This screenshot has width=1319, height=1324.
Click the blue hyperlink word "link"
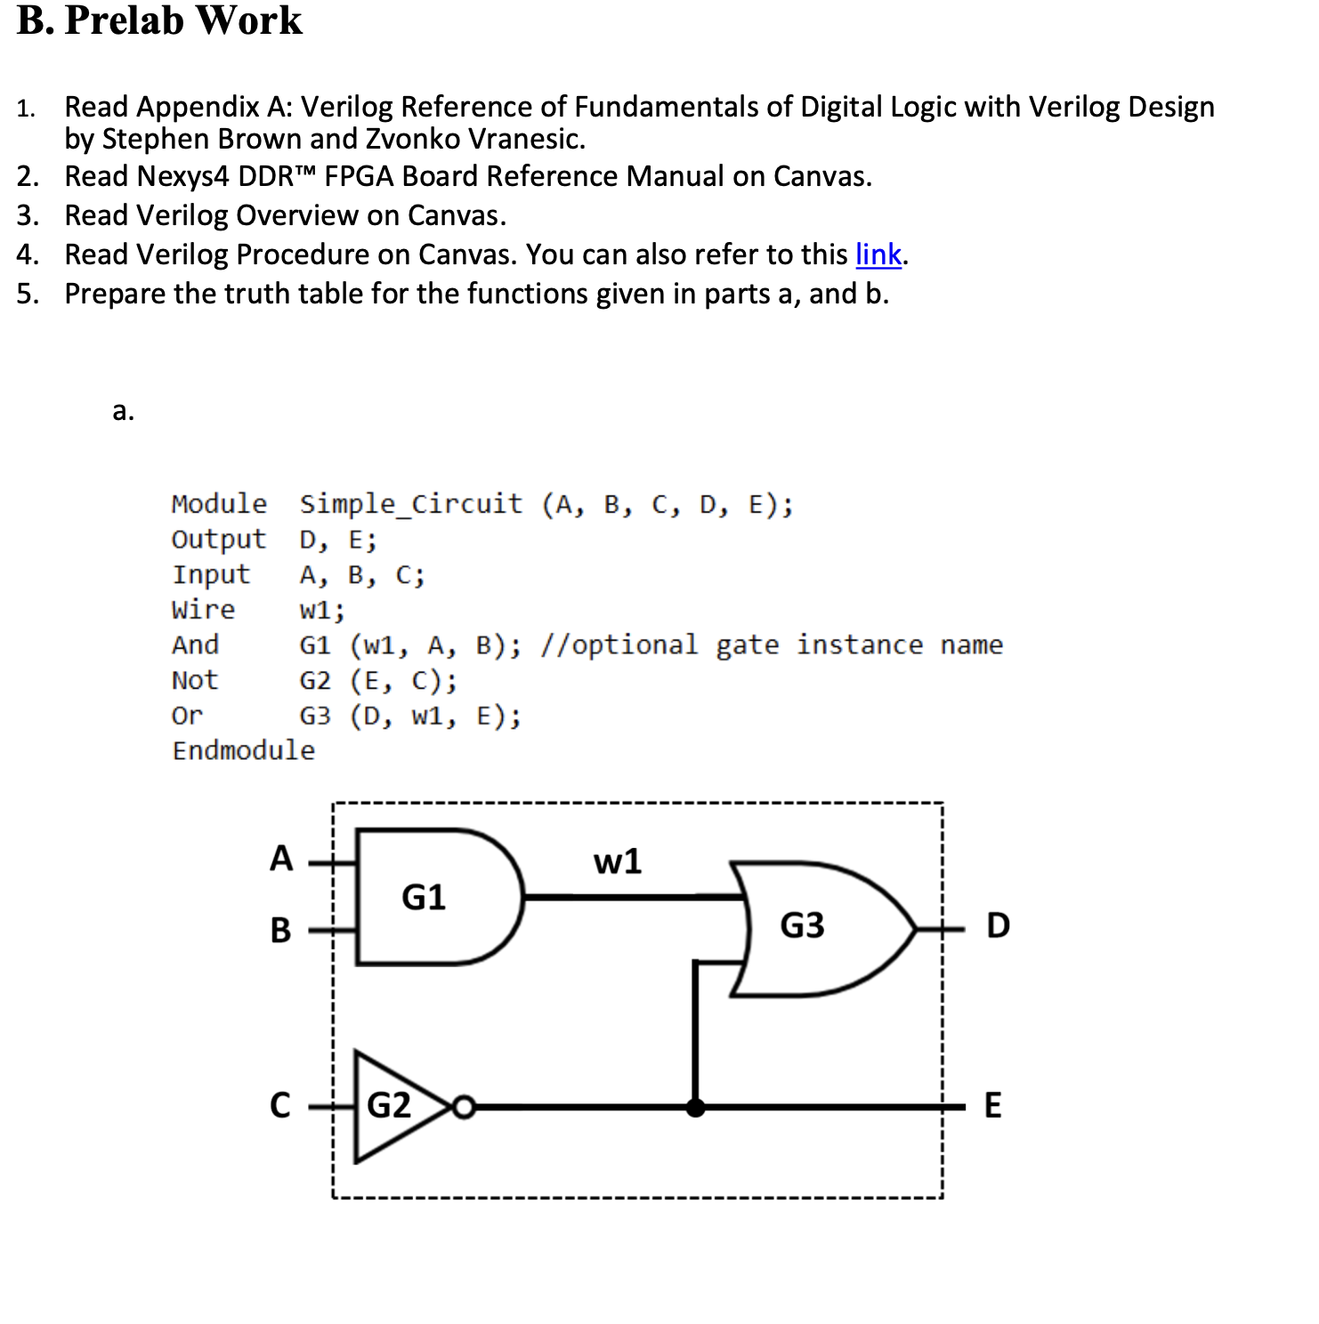point(878,255)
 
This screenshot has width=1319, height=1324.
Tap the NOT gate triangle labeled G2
point(392,1106)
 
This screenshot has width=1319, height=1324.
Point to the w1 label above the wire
point(618,861)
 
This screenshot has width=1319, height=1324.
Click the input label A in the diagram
point(281,859)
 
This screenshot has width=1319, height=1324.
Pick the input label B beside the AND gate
point(280,930)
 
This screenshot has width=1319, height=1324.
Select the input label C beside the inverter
point(279,1105)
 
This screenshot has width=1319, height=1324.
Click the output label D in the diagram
point(998,926)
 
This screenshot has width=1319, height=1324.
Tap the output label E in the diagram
point(992,1106)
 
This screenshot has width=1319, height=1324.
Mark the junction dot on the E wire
point(696,1108)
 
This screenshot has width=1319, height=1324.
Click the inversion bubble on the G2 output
point(464,1108)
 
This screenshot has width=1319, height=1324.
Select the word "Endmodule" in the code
point(243,751)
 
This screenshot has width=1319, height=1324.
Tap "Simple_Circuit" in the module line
point(410,505)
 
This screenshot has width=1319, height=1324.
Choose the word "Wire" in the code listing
point(203,610)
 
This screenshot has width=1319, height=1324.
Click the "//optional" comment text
point(619,645)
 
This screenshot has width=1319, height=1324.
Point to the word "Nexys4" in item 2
point(183,177)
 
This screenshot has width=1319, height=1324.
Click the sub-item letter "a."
point(124,411)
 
